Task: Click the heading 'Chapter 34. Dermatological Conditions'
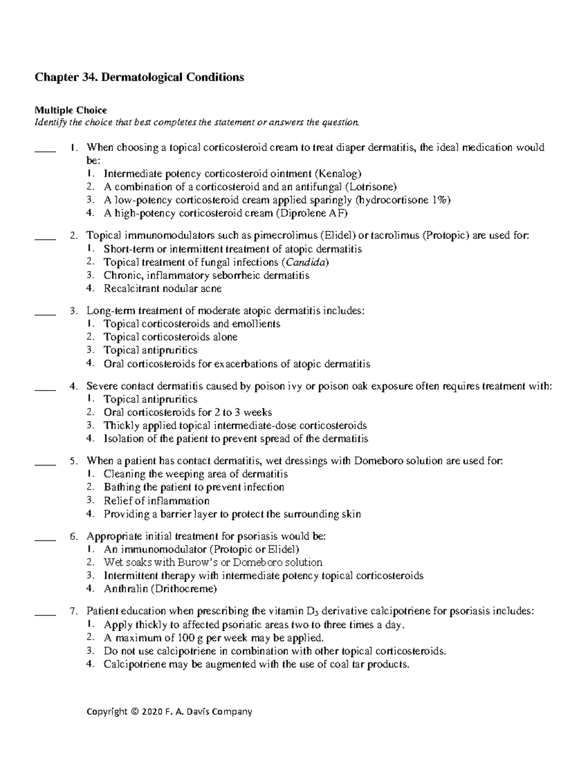tap(139, 77)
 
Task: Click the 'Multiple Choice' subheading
tap(70, 110)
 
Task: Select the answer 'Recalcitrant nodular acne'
tap(162, 289)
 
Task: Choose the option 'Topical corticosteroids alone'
tap(171, 337)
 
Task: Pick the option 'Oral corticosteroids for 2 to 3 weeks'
tap(188, 413)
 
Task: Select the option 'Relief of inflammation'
tap(156, 501)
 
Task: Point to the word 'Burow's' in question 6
tap(208, 563)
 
